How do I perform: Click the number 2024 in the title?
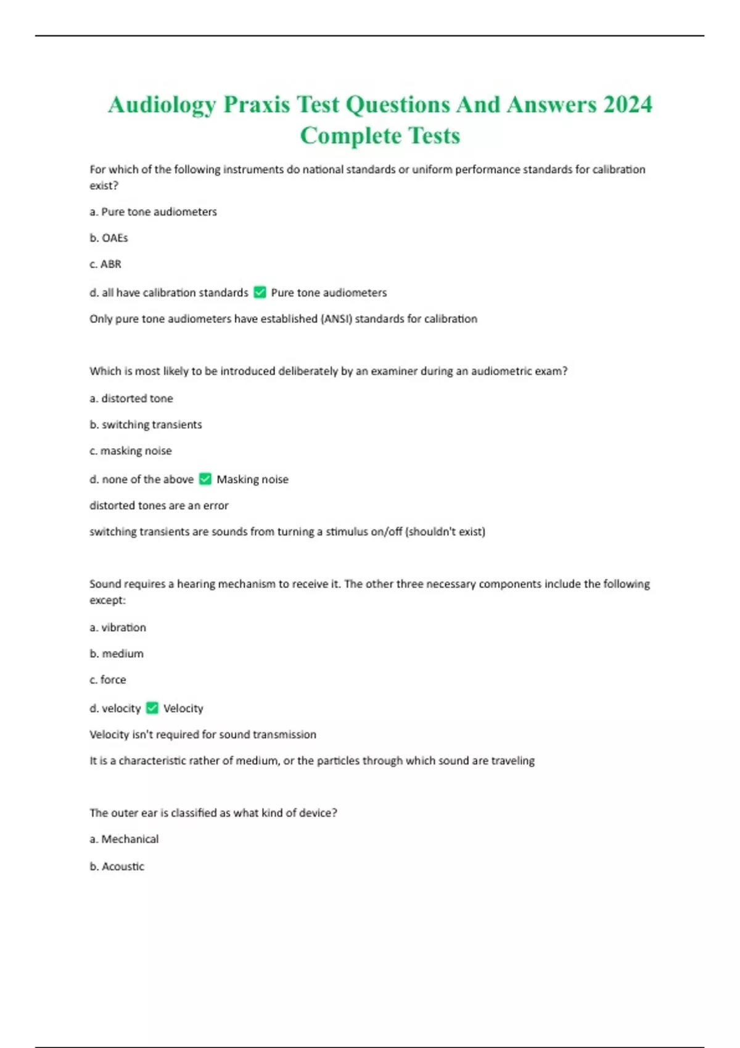[627, 104]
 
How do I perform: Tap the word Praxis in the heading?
[257, 104]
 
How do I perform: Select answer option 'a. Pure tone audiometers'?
[153, 211]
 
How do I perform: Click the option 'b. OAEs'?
[109, 238]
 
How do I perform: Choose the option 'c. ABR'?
[105, 264]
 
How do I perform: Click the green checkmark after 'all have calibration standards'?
[260, 292]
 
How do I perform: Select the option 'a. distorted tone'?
[131, 398]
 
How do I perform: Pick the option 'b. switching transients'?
[146, 425]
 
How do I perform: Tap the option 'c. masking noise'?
[130, 451]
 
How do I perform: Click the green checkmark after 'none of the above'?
[205, 479]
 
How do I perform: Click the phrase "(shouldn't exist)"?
[445, 531]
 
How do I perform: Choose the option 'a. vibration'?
[118, 628]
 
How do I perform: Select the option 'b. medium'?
[117, 653]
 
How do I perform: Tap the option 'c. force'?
[108, 679]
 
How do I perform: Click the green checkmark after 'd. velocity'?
[152, 708]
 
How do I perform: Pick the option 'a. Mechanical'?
[124, 839]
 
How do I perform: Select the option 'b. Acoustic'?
[117, 866]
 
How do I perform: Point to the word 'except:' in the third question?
[107, 600]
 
